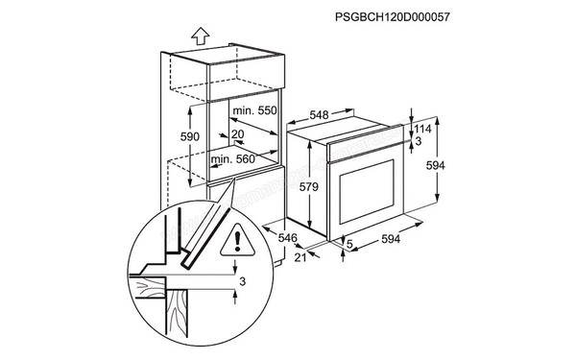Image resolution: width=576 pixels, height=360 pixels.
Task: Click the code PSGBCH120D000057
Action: tap(392, 17)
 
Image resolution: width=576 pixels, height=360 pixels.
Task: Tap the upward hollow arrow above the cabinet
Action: tap(200, 36)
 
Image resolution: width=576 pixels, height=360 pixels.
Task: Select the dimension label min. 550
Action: tap(254, 111)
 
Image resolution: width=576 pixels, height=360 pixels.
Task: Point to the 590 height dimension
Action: tap(190, 137)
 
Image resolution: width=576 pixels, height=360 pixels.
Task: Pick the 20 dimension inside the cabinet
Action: tap(237, 134)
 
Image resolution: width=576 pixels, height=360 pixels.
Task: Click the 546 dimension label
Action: tap(288, 237)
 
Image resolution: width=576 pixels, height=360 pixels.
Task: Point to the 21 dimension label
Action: tap(300, 257)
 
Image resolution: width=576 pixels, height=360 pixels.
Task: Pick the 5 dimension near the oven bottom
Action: tap(348, 244)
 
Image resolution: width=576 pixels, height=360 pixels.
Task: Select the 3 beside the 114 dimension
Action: tap(417, 141)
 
